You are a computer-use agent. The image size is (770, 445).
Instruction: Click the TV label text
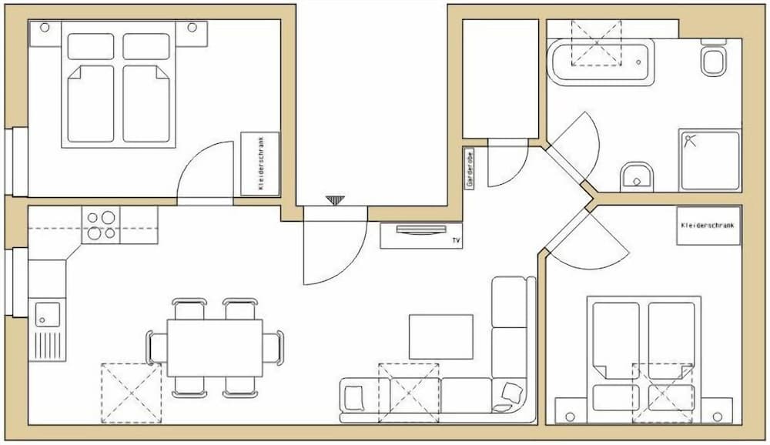point(457,242)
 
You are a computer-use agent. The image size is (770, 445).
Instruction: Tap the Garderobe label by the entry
point(469,166)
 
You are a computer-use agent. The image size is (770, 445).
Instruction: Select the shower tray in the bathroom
point(709,160)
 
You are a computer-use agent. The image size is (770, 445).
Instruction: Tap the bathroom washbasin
point(636,176)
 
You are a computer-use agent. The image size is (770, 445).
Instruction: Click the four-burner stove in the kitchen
point(102,225)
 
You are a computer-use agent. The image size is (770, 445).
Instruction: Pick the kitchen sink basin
point(47,314)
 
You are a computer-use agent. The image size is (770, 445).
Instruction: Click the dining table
point(215,347)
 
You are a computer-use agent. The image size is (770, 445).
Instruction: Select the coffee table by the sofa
point(440,336)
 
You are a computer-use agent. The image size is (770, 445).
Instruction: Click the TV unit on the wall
point(420,236)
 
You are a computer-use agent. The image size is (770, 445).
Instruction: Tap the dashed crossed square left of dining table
point(131,393)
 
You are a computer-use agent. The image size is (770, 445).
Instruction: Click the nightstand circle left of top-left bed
point(45,28)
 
